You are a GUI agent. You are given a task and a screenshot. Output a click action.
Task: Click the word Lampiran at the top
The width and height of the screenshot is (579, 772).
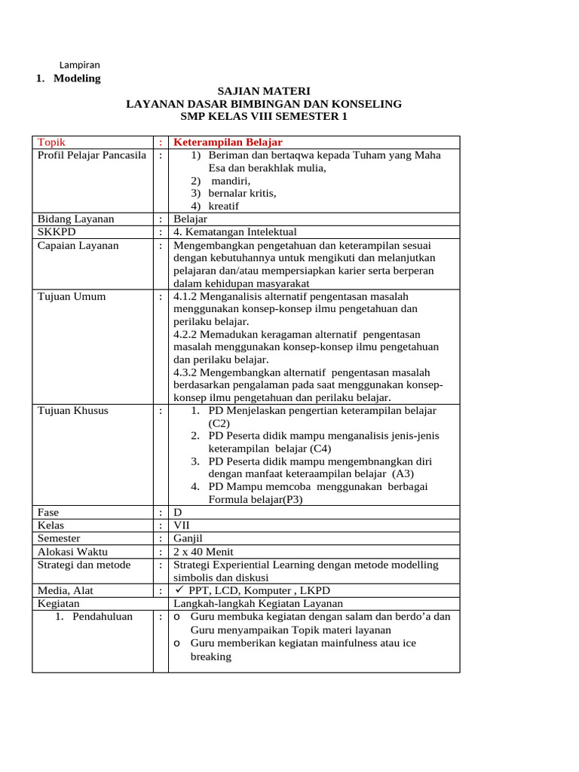(x=79, y=65)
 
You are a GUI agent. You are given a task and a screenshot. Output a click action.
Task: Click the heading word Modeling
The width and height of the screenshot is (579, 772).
(x=77, y=78)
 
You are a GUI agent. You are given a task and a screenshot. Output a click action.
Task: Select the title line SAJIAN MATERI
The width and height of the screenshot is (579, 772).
(x=264, y=90)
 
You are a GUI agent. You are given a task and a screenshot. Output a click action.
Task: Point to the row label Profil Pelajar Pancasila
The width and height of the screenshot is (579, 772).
(x=92, y=155)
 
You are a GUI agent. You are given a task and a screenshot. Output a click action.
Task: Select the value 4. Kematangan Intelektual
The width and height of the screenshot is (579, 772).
(x=235, y=231)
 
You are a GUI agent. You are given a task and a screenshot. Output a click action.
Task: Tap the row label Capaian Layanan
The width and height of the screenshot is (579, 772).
(x=78, y=245)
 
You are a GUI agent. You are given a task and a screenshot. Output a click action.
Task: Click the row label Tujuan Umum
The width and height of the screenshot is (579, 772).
(x=72, y=296)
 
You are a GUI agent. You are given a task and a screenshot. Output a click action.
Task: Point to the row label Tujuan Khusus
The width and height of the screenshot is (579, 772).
(x=73, y=411)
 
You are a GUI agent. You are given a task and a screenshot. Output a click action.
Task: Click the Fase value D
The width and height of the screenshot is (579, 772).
(x=178, y=512)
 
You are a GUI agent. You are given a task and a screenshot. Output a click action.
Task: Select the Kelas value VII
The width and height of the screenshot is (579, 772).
(x=182, y=525)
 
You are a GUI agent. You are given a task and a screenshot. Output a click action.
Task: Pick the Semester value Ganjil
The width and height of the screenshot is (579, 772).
(x=188, y=538)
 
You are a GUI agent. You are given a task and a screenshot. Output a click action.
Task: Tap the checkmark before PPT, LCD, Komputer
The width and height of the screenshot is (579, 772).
(x=179, y=590)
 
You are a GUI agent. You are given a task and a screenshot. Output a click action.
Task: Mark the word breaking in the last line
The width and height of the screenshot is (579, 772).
(x=210, y=657)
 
